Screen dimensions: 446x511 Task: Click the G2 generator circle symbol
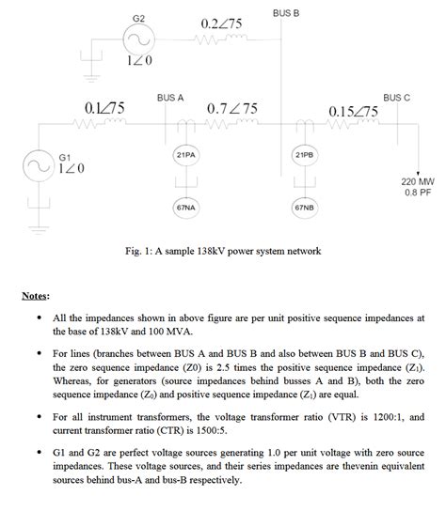point(139,39)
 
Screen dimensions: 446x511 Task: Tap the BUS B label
point(286,13)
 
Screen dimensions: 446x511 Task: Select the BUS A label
point(170,97)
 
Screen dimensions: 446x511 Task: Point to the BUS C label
point(397,97)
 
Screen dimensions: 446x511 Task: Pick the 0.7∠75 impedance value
point(231,109)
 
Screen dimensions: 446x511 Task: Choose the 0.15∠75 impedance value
point(354,112)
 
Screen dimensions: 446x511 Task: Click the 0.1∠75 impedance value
point(104,109)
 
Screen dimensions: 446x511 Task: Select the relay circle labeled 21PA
point(185,153)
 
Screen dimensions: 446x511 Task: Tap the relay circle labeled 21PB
point(304,153)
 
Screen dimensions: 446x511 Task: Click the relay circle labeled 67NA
point(185,206)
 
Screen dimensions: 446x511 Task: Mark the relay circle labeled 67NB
point(304,206)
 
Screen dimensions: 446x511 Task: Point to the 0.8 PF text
point(418,193)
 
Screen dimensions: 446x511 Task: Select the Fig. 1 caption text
point(223,251)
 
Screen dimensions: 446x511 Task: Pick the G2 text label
point(139,19)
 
